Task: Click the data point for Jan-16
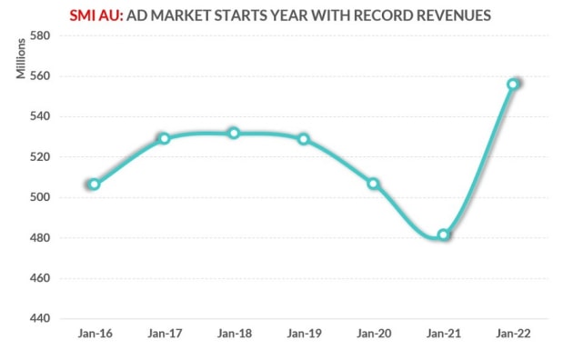click(x=94, y=185)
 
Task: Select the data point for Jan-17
click(x=164, y=138)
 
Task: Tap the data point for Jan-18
click(x=234, y=133)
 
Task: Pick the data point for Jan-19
click(x=304, y=139)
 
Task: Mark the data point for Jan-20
click(x=373, y=184)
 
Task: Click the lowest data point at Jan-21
click(x=443, y=235)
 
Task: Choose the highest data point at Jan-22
click(x=513, y=84)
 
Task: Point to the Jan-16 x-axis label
click(x=94, y=335)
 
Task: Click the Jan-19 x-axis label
click(x=304, y=335)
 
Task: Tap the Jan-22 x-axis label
click(x=513, y=335)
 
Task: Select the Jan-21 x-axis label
click(x=443, y=335)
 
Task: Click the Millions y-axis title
click(x=21, y=59)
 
